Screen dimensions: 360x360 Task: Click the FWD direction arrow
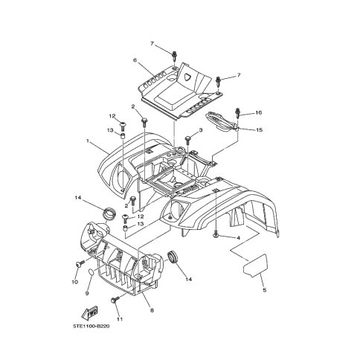coord(89,312)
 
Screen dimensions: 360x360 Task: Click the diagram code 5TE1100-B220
coord(91,326)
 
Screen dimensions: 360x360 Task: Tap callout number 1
coord(88,141)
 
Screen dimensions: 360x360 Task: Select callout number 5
coord(264,290)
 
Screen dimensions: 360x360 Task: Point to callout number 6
coord(135,60)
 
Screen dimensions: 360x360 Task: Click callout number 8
coord(152,310)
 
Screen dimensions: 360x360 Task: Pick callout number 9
coord(87,293)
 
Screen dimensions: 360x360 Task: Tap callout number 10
coord(75,282)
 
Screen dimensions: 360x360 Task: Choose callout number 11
coord(120,319)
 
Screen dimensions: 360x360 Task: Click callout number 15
coord(259,130)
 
